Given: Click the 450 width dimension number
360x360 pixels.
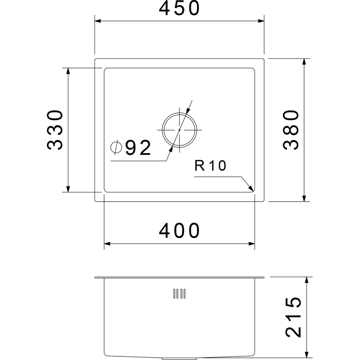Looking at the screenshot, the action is (x=179, y=8).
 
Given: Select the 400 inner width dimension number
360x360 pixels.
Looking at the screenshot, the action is (x=179, y=230).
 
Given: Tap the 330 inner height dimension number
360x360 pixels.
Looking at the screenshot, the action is (x=54, y=130).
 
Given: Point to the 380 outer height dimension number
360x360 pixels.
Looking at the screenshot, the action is (x=291, y=130).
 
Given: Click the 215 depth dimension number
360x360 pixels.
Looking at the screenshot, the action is (x=293, y=317).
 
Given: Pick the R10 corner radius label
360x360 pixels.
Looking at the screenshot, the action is (x=210, y=166).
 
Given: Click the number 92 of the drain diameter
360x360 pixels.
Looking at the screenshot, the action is (x=138, y=148).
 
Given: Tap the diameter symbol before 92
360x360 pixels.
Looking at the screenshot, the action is (x=116, y=147).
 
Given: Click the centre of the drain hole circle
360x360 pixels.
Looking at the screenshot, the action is (x=179, y=130).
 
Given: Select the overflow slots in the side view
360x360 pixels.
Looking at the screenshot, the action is (x=179, y=294).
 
